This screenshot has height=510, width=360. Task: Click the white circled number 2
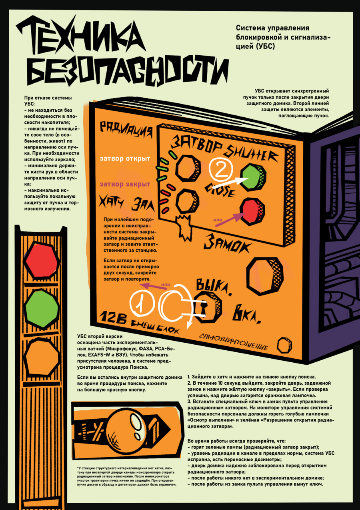click(x=220, y=171)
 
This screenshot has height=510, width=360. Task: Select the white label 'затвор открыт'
click(x=125, y=159)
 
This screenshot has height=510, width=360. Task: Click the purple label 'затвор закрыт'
click(x=125, y=185)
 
